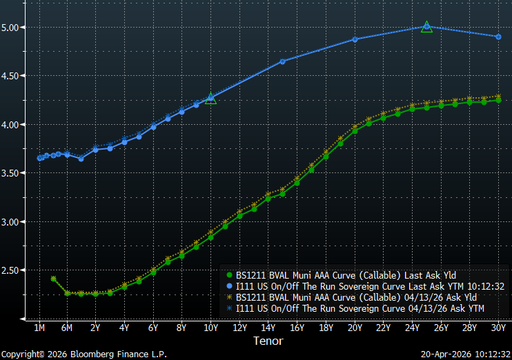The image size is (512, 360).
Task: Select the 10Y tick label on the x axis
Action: tap(210, 328)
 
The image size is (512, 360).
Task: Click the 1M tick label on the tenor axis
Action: tap(39, 328)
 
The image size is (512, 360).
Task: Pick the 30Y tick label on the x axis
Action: tap(498, 328)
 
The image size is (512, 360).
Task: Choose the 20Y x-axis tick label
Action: tap(355, 328)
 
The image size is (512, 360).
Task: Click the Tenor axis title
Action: tap(268, 341)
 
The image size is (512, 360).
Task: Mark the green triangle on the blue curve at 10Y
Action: tap(211, 99)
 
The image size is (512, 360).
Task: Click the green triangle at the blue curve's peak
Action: tap(426, 27)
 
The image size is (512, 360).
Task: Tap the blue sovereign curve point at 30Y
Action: tap(498, 37)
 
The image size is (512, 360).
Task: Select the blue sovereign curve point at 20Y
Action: tap(355, 39)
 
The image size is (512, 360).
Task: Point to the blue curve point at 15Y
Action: tap(283, 61)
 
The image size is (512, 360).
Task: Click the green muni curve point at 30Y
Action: tap(498, 100)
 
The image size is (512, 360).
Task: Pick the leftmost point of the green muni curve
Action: tap(53, 279)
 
